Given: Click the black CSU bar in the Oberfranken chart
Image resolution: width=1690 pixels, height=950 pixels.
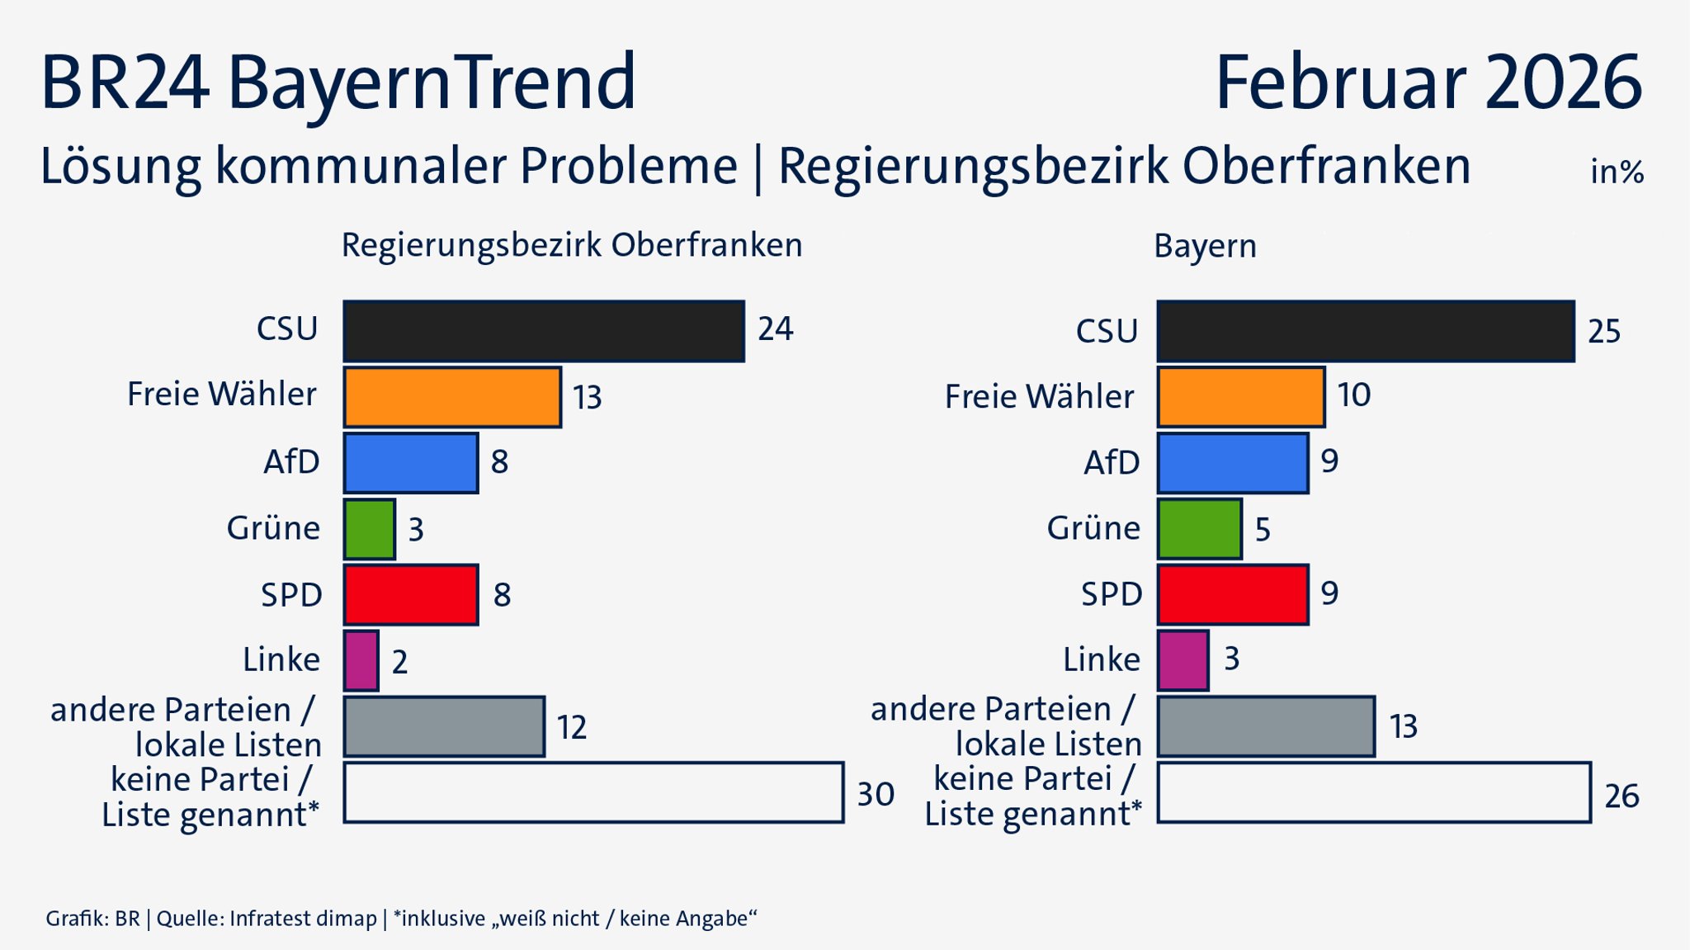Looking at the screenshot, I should [544, 331].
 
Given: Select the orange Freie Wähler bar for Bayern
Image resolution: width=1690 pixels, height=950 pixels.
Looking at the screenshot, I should [1240, 397].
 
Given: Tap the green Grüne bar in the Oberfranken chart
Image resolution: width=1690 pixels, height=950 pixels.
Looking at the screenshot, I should [369, 529].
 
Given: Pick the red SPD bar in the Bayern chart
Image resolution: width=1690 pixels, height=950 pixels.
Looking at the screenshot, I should [1232, 594].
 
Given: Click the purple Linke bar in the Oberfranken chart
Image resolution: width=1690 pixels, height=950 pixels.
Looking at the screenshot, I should [361, 660].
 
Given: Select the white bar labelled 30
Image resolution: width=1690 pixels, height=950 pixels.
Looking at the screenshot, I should [593, 792].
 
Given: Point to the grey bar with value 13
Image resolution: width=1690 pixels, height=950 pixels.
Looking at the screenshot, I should [1265, 726].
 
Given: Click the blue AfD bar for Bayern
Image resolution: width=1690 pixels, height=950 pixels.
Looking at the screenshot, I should [1232, 463].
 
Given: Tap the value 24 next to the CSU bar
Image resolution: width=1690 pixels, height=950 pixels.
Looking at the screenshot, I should [775, 329].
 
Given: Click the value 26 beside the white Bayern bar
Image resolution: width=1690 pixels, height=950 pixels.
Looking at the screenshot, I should [1621, 796].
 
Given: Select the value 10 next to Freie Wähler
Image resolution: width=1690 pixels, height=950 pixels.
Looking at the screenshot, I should [1353, 395].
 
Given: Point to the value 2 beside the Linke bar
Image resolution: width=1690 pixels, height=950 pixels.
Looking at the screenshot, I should [399, 662].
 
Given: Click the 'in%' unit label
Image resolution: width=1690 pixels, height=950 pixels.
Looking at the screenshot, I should [1617, 172].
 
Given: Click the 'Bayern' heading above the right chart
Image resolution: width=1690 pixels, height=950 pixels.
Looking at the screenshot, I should [1205, 247].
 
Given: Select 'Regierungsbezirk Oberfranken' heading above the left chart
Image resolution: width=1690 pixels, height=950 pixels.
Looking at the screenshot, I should [572, 245].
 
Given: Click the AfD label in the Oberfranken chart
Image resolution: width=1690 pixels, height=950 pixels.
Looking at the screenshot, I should [291, 462].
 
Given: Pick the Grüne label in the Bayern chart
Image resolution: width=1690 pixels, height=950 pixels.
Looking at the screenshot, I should [1093, 528].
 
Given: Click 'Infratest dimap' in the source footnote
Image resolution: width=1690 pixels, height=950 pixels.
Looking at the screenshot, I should [303, 919].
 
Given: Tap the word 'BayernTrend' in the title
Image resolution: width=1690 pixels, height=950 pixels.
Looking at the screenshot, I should [431, 83].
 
